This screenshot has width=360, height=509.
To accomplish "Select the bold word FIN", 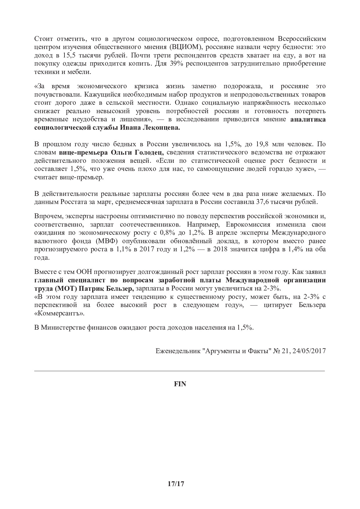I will [180, 384].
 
